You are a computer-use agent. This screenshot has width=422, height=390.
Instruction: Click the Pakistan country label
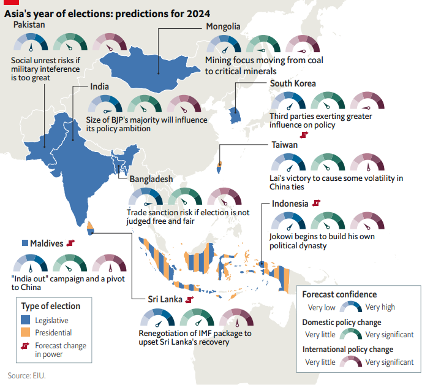pyautogui.click(x=29, y=25)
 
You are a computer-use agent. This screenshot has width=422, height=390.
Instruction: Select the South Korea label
pyautogui.click(x=293, y=83)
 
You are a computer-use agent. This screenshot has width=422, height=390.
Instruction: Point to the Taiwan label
pyautogui.click(x=285, y=145)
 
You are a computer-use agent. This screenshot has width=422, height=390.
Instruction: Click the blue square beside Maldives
pyautogui.click(x=25, y=243)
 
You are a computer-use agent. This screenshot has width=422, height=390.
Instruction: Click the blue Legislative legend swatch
pyautogui.click(x=26, y=320)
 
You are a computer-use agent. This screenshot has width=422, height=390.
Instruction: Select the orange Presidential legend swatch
pyautogui.click(x=26, y=333)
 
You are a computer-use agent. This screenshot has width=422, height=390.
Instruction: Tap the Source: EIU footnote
pyautogui.click(x=26, y=375)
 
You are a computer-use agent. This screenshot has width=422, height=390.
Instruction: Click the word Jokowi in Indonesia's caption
pyautogui.click(x=282, y=236)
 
